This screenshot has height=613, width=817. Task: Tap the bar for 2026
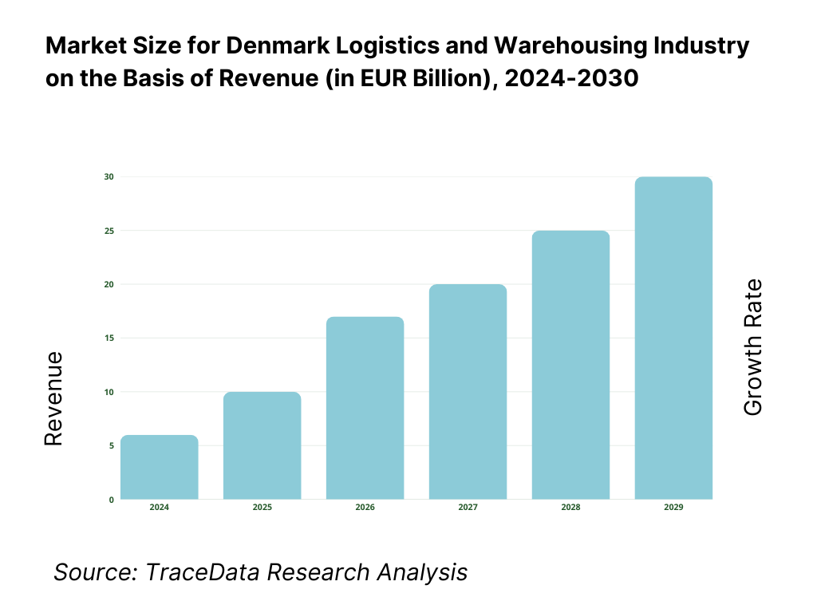click(365, 408)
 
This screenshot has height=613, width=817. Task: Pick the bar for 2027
click(468, 392)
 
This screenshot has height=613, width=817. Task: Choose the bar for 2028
click(570, 365)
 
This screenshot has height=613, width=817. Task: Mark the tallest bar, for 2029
click(673, 338)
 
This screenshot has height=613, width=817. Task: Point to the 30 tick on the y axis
click(109, 176)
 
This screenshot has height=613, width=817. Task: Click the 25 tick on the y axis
click(109, 231)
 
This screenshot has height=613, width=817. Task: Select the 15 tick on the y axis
click(109, 338)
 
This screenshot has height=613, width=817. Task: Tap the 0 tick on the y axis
click(111, 500)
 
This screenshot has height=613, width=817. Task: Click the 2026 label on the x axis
click(365, 508)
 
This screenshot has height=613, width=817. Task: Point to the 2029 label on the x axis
click(673, 508)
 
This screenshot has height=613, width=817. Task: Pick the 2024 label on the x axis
click(159, 508)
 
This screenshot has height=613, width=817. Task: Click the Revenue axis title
click(53, 398)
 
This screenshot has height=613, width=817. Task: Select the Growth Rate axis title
click(752, 347)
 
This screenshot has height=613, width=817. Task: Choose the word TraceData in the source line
click(205, 571)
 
